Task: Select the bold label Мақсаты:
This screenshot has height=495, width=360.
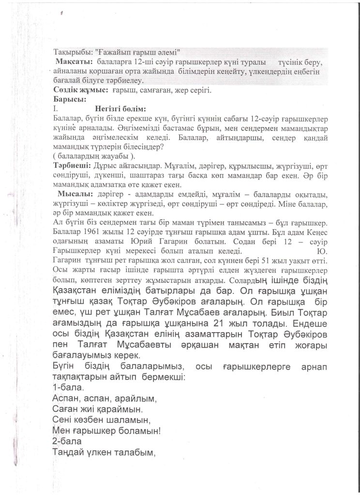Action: [75, 63]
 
